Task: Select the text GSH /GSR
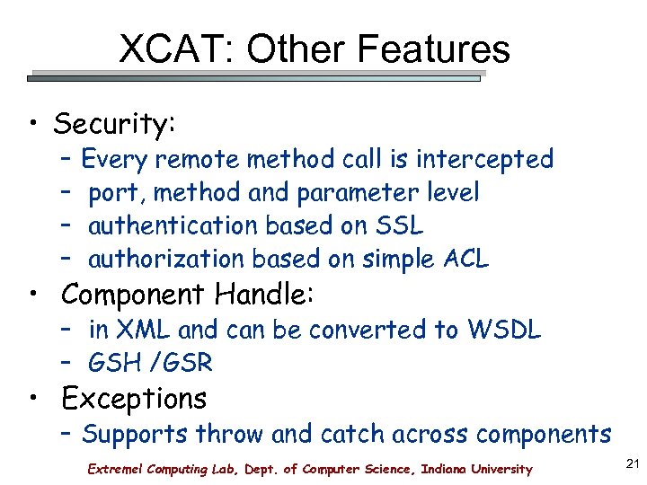pos(150,363)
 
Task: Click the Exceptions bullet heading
pos(134,398)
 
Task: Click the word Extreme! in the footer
pos(114,469)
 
